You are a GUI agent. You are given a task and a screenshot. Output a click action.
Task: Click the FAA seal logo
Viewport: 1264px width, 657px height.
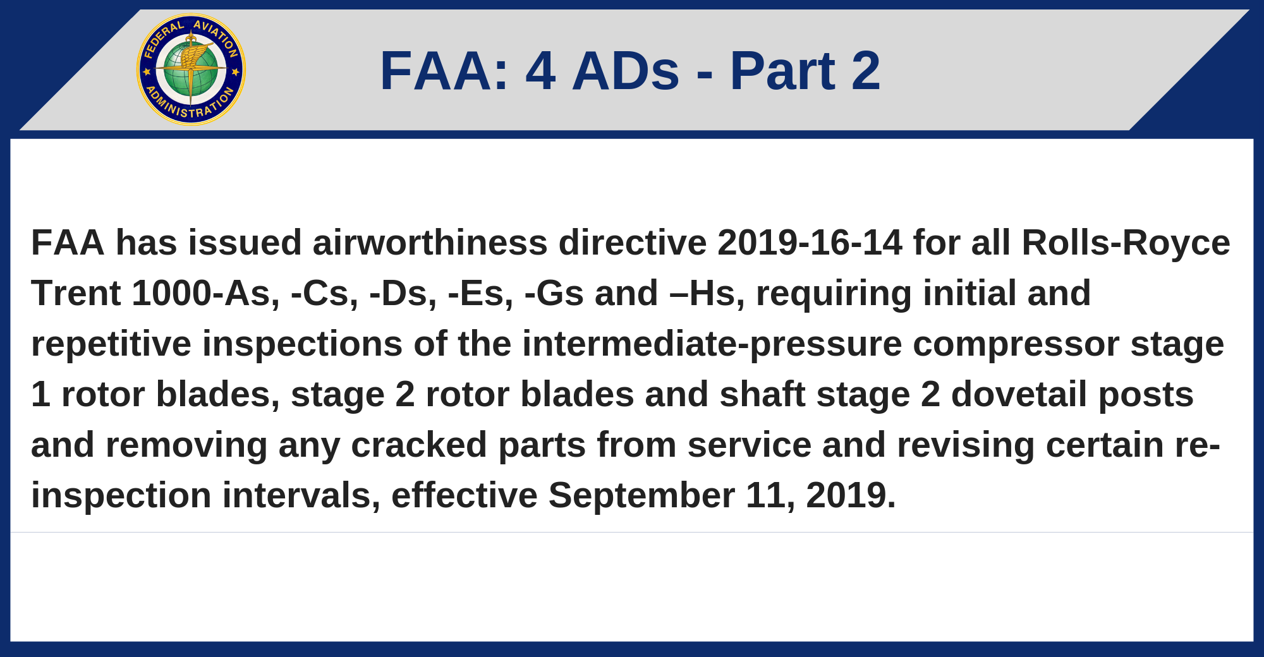point(191,69)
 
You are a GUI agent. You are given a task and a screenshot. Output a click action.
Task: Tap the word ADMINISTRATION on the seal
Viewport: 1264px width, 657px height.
point(190,106)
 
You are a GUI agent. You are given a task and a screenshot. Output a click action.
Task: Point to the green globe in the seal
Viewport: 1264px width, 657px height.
point(191,69)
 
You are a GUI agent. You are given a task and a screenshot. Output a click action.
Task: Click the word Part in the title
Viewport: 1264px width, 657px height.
point(782,71)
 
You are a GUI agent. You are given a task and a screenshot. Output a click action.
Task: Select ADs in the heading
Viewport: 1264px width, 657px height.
point(626,71)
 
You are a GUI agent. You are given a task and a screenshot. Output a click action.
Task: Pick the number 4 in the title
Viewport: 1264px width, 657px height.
point(541,71)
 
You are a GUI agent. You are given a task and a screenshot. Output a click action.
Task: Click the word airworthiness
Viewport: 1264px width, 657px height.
point(430,243)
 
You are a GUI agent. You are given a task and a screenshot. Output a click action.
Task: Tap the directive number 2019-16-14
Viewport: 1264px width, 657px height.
point(810,243)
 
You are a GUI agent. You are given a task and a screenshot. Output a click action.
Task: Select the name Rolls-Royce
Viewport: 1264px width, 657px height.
point(1126,243)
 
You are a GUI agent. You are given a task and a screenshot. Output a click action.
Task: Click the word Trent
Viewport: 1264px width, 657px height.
point(76,293)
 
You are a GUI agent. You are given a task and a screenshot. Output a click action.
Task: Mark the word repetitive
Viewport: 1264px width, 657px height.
point(111,344)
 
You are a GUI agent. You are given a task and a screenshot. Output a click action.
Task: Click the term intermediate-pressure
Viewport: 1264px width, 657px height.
point(712,344)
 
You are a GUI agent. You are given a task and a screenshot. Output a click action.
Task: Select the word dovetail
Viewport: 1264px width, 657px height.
point(1019,394)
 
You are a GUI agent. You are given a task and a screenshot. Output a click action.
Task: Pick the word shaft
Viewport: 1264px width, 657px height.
point(763,394)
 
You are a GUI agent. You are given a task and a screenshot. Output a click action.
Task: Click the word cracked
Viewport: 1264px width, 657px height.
point(419,445)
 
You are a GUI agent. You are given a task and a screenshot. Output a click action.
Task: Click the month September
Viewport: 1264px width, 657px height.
point(641,497)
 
